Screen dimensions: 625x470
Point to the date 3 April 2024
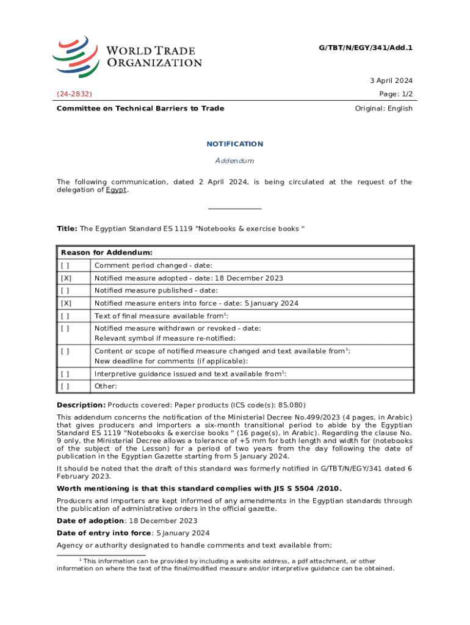[x=391, y=81]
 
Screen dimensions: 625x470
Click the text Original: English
[x=383, y=109]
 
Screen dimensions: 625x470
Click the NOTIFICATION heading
[x=234, y=144]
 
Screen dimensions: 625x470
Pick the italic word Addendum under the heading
[x=234, y=161]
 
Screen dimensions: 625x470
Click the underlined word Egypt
[x=117, y=190]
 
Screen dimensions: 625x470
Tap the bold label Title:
[x=67, y=229]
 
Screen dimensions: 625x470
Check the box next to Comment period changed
[x=65, y=266]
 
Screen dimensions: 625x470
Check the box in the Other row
[x=65, y=386]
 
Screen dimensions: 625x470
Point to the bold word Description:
[x=81, y=405]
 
